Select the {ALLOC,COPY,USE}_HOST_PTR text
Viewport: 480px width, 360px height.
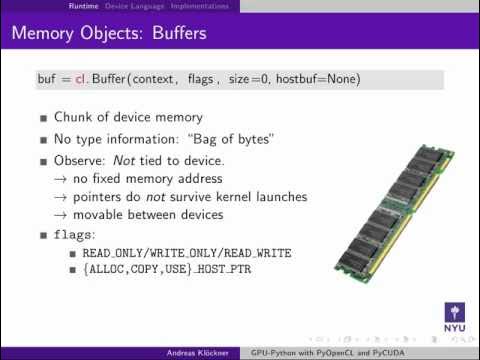point(158,271)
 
